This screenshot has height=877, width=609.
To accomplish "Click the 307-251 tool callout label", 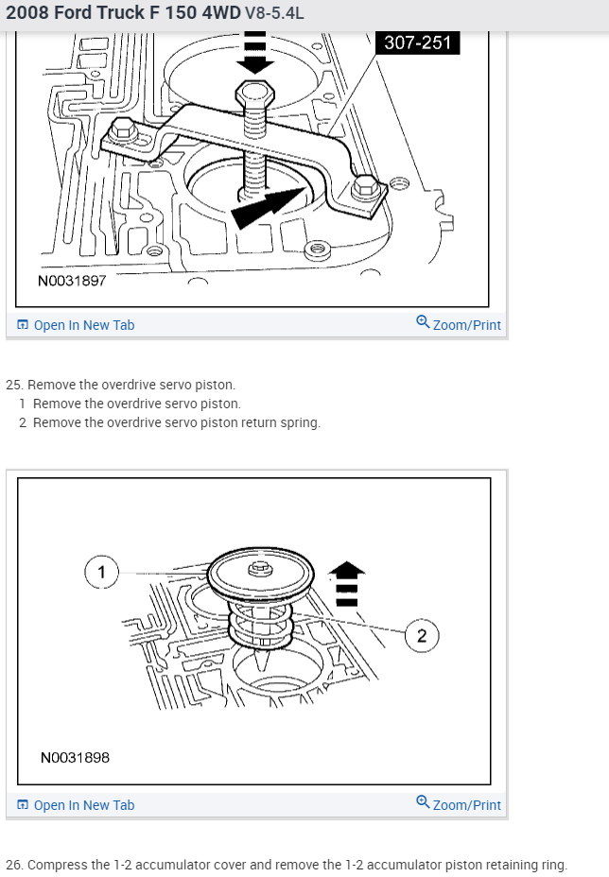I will pyautogui.click(x=417, y=43).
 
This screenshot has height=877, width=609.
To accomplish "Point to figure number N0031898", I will pyautogui.click(x=75, y=757).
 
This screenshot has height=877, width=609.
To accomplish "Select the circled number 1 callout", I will pyautogui.click(x=101, y=572).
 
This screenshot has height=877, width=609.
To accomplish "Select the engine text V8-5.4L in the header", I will pyautogui.click(x=274, y=15).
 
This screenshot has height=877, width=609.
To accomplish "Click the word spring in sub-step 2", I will pyautogui.click(x=300, y=422).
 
